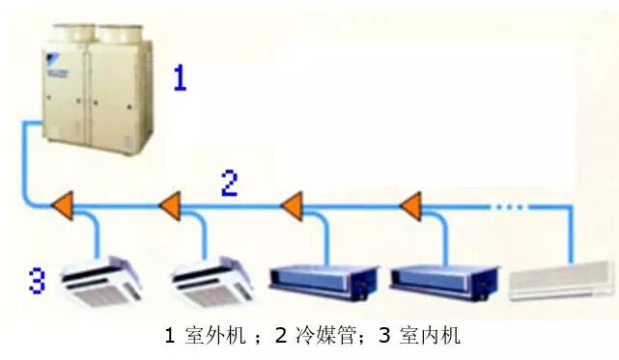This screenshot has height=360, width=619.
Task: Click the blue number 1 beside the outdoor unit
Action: (x=180, y=77)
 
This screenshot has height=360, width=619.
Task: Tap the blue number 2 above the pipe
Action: (x=229, y=183)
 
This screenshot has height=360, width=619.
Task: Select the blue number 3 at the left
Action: (x=37, y=281)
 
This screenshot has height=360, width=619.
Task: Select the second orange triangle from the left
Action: (x=170, y=205)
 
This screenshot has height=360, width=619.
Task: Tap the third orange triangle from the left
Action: (x=292, y=205)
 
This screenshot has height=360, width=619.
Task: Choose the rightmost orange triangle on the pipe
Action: (x=410, y=205)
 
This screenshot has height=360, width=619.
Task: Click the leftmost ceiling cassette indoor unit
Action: (x=97, y=280)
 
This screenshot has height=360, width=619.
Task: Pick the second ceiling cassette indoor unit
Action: (x=211, y=280)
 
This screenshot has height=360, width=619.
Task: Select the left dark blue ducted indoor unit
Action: (x=322, y=279)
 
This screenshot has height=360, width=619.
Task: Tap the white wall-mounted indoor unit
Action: (x=561, y=280)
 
